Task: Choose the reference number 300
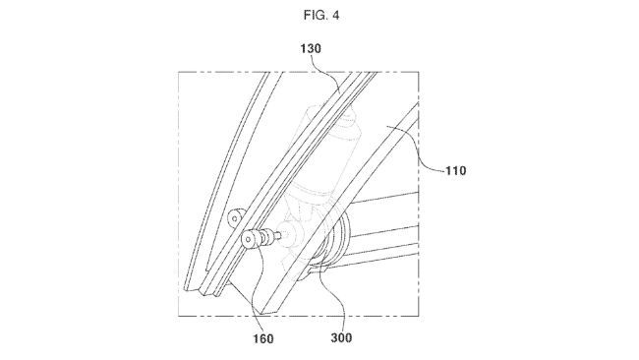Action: click(338, 338)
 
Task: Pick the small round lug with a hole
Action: click(233, 217)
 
